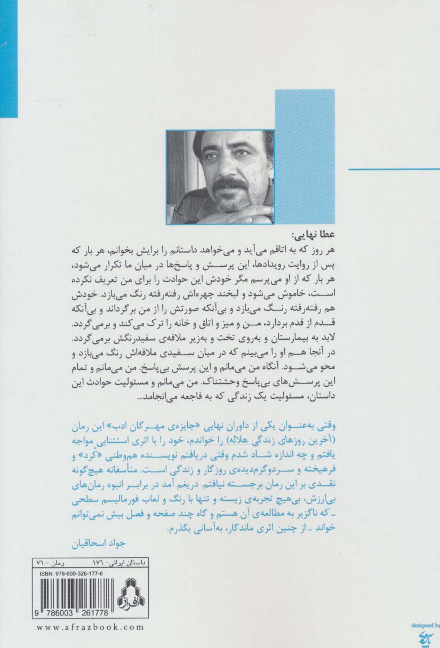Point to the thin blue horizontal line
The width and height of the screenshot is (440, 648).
click(394, 169)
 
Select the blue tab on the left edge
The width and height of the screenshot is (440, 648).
click(9, 59)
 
